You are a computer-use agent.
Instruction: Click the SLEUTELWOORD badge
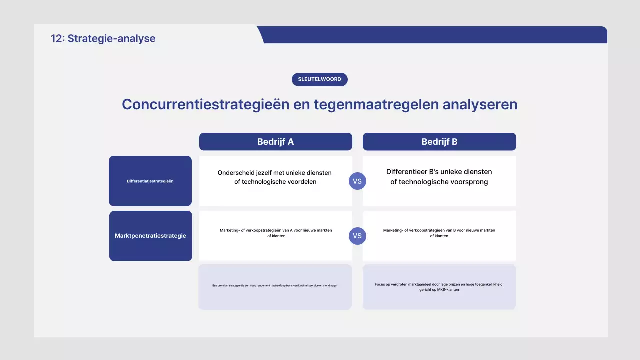point(319,79)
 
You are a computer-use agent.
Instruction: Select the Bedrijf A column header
point(275,142)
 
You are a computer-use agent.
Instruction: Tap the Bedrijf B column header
point(439,142)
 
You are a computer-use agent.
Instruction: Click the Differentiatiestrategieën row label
point(150,181)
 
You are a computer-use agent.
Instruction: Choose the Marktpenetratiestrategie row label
point(150,236)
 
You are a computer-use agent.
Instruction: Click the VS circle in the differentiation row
point(357,181)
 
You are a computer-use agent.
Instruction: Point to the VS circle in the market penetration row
point(357,236)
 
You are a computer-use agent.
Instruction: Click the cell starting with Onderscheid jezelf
point(275,177)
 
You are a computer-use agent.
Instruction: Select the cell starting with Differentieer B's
point(439,177)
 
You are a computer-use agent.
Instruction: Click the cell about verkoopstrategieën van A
point(276,233)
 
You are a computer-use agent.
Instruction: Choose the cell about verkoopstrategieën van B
point(439,233)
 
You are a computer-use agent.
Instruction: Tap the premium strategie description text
point(275,286)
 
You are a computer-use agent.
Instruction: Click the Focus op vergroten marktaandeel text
point(439,284)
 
